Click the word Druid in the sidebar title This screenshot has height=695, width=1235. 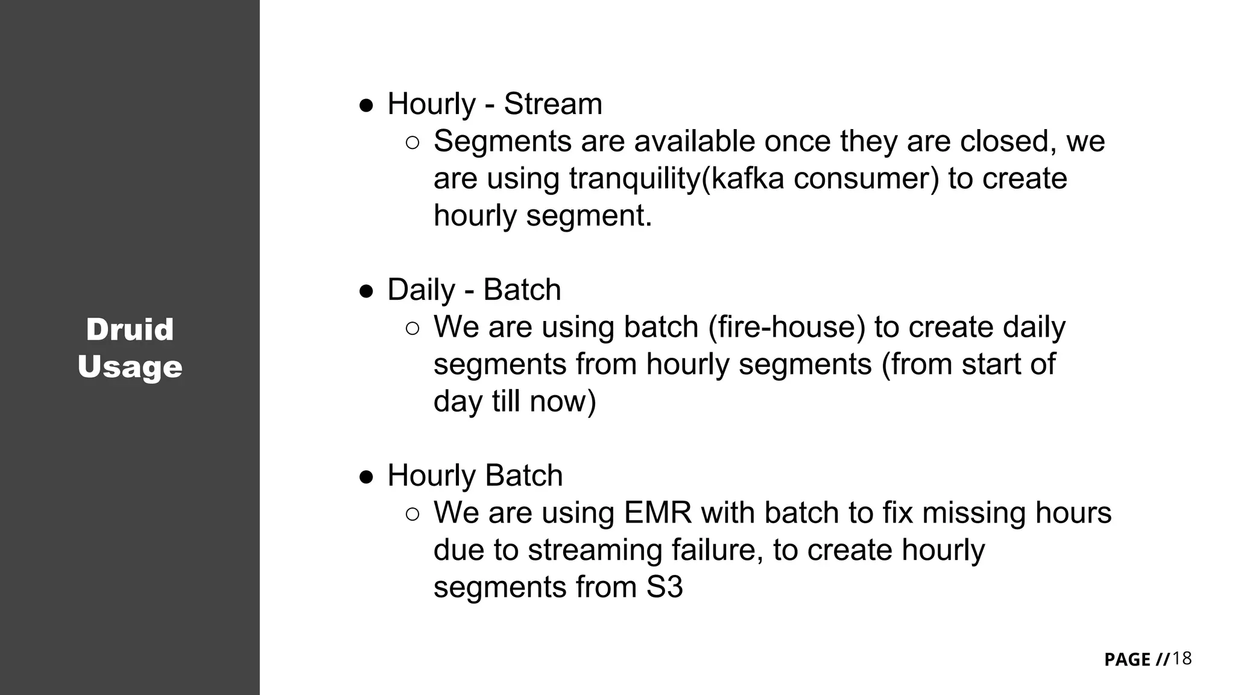(130, 330)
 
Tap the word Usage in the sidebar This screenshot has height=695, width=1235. (130, 367)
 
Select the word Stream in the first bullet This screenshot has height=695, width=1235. (552, 104)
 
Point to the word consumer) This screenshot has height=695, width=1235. (866, 179)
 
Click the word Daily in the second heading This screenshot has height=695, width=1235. (421, 290)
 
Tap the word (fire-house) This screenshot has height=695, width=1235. (786, 327)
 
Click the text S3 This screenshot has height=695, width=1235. (665, 587)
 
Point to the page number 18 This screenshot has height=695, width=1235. (1182, 658)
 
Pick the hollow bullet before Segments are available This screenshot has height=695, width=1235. (412, 143)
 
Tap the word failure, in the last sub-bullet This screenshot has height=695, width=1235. (717, 550)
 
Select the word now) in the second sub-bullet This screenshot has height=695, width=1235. (563, 402)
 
